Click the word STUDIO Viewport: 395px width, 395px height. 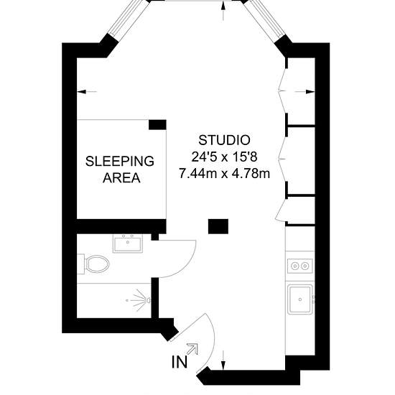224,140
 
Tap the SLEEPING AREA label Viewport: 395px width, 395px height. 120,169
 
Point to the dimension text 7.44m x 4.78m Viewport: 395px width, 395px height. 224,174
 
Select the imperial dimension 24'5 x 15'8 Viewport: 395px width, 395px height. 224,157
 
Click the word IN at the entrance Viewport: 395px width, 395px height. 180,362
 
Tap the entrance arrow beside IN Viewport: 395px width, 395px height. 192,348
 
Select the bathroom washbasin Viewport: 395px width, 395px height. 128,243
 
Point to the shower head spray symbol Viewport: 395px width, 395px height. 141,300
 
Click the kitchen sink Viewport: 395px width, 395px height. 299,299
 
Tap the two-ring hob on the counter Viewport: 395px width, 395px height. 299,266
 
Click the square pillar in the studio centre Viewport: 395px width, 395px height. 218,226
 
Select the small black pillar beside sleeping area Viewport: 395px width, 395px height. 157,125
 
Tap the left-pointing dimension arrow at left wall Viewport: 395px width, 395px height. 87,92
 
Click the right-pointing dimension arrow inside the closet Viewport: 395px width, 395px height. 305,92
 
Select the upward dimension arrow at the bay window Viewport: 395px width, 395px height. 223,11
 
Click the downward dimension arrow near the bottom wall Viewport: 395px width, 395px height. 223,361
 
